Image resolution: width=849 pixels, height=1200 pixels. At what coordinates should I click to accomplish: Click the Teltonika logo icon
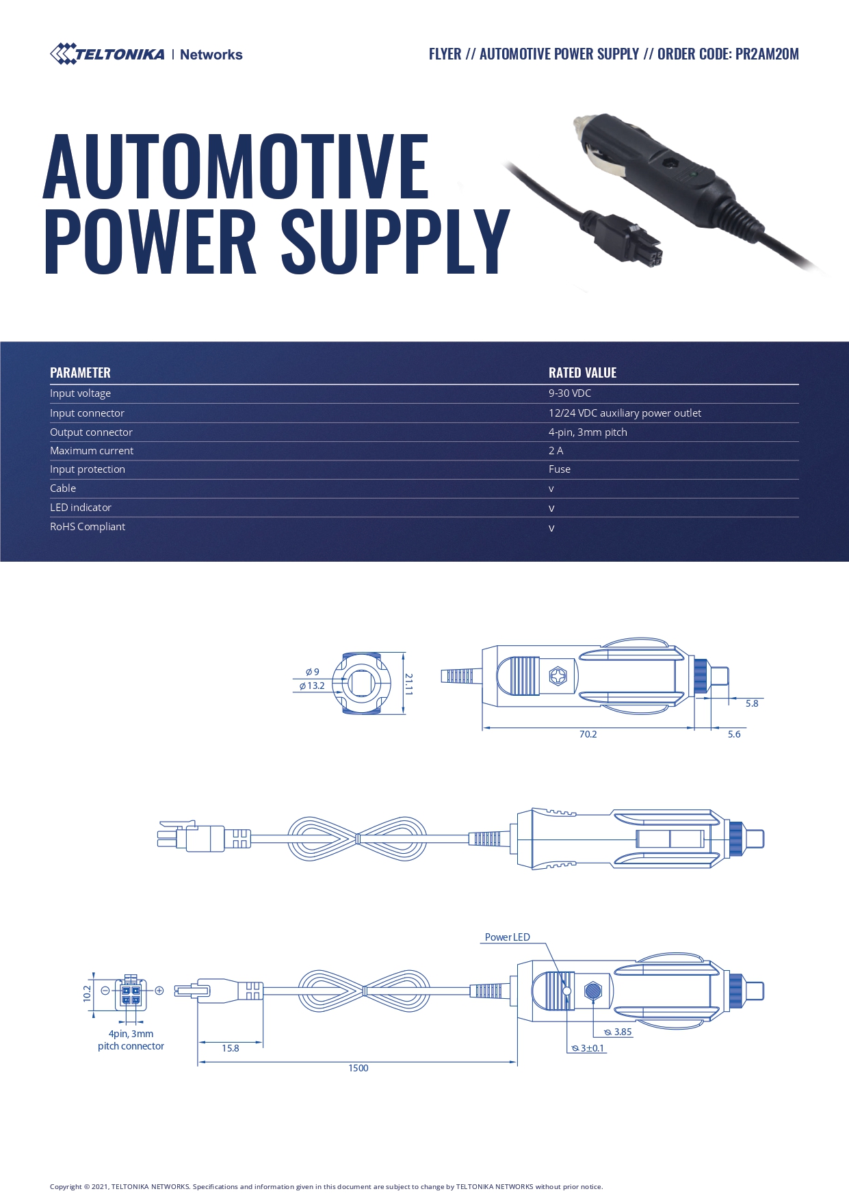(x=63, y=54)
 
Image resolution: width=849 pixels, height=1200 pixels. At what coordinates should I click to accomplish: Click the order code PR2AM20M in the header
(x=767, y=54)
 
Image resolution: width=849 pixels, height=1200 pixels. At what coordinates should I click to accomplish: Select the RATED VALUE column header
(x=582, y=373)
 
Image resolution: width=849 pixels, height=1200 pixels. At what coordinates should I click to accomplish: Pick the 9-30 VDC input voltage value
(x=570, y=393)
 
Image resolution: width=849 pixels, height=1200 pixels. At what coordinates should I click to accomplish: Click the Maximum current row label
(x=92, y=451)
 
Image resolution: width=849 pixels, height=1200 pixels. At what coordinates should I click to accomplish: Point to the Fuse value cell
(x=560, y=469)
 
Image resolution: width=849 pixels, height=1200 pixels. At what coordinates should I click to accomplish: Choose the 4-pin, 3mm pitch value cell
(x=588, y=432)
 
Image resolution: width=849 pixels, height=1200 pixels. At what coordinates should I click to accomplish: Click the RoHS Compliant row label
(x=88, y=527)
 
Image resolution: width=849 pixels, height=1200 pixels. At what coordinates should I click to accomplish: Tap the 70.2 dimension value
(x=588, y=734)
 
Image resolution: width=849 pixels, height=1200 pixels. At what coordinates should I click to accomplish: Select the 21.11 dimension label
(x=408, y=683)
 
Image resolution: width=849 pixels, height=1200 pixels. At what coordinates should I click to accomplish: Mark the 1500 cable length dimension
(x=358, y=1068)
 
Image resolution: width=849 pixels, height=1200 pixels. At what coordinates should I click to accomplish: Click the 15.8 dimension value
(x=231, y=1048)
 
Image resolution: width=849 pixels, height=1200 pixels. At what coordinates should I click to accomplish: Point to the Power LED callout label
(x=508, y=937)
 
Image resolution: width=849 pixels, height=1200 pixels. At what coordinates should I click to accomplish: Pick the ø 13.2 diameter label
(x=312, y=686)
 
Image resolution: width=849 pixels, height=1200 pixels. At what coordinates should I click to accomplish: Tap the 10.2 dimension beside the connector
(x=87, y=993)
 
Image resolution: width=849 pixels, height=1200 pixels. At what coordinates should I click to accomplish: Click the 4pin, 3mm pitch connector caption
(x=131, y=1040)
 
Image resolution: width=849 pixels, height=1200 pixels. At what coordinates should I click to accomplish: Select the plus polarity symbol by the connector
(x=159, y=990)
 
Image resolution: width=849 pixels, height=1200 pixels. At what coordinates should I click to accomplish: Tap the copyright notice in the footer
(x=326, y=1186)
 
